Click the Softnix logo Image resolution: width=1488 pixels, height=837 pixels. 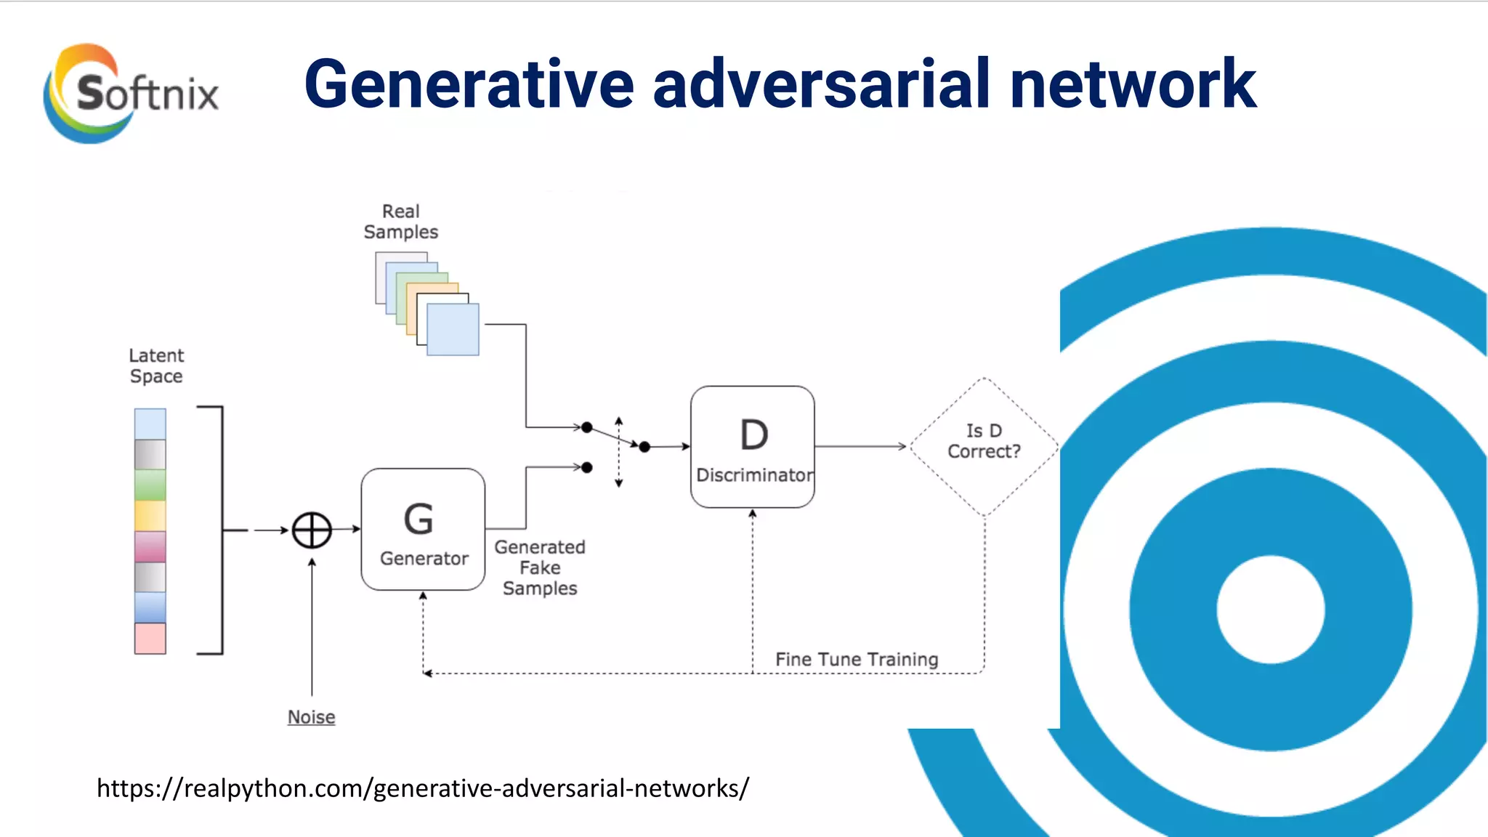click(x=131, y=93)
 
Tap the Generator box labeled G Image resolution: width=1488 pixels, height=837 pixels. click(x=423, y=529)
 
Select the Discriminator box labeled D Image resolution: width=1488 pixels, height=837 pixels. click(x=753, y=446)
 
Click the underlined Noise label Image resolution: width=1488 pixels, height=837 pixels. click(x=311, y=716)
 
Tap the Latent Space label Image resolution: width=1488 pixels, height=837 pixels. click(x=156, y=365)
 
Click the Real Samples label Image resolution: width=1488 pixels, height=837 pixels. click(x=401, y=222)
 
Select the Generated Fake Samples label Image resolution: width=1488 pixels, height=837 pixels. click(x=540, y=567)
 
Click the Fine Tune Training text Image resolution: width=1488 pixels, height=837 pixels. click(x=857, y=659)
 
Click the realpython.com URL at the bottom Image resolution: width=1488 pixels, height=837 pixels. click(x=422, y=788)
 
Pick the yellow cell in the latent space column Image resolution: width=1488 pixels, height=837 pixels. click(x=150, y=515)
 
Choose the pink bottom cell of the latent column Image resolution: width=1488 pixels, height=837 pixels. click(x=150, y=638)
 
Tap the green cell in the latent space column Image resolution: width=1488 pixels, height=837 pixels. click(x=150, y=485)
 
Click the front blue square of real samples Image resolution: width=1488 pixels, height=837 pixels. click(x=453, y=329)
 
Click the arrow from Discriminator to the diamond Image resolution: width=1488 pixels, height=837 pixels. click(x=861, y=446)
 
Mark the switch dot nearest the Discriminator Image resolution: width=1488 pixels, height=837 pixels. click(x=644, y=447)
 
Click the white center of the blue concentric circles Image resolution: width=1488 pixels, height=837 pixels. click(x=1271, y=609)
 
